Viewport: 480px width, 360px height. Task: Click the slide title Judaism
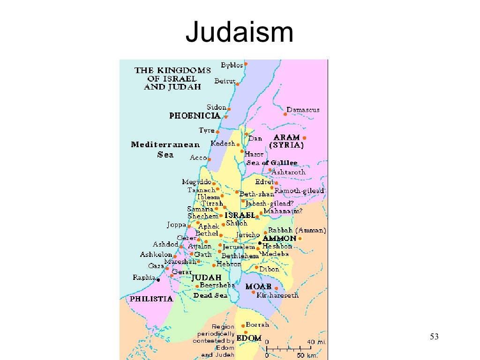[x=240, y=33]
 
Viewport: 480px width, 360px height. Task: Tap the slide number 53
[x=434, y=337]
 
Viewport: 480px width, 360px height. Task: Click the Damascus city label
[x=303, y=110]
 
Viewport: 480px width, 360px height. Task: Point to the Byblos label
[x=232, y=65]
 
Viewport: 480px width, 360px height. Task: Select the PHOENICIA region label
[x=195, y=115]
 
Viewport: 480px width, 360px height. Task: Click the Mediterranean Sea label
[x=165, y=150]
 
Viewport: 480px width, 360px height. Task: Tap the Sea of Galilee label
[x=272, y=163]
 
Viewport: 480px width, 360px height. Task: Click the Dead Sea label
[x=210, y=296]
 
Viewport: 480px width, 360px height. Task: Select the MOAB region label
[x=258, y=286]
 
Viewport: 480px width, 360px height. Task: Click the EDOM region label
[x=249, y=337]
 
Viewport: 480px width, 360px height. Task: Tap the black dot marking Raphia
[x=158, y=280]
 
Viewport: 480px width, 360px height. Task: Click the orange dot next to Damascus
[x=285, y=114]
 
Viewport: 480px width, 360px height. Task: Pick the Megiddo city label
[x=196, y=182]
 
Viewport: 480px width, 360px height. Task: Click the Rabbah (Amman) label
[x=297, y=231]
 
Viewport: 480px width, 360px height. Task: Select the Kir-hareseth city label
[x=277, y=295]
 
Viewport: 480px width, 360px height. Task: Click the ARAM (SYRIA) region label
[x=286, y=141]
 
